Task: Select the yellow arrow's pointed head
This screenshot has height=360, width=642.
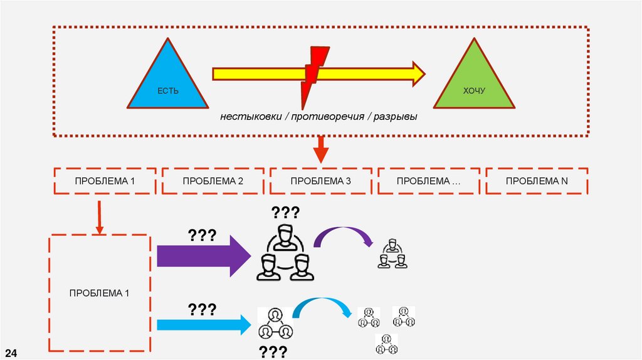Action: point(416,73)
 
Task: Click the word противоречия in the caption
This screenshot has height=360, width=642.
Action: point(328,117)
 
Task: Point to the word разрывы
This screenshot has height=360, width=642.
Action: point(396,117)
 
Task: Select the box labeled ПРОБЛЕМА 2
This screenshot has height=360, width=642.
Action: point(213,181)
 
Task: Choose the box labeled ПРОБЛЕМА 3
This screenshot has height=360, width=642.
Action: point(320,181)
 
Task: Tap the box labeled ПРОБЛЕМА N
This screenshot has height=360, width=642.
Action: point(537,181)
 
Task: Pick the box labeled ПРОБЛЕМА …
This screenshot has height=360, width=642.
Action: point(429,181)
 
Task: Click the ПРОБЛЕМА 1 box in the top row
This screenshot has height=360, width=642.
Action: point(105,181)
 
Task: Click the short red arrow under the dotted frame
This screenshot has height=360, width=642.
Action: point(320,150)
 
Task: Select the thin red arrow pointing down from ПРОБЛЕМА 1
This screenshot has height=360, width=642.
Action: point(99,217)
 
